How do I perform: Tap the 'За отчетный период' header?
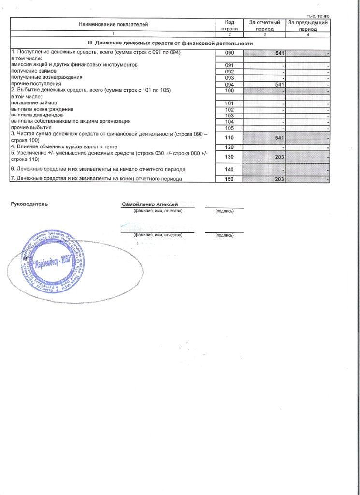[x=264, y=26]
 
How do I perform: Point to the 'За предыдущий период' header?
[x=308, y=26]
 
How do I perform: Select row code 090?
[x=230, y=52]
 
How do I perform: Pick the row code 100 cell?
[x=230, y=91]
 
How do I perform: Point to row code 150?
[x=230, y=179]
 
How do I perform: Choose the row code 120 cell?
[x=230, y=146]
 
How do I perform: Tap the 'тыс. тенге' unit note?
[x=317, y=15]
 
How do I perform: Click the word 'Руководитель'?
[x=29, y=204]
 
